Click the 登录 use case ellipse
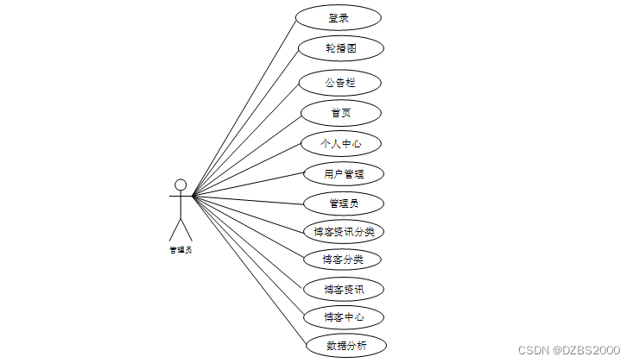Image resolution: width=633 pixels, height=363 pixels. pyautogui.click(x=338, y=17)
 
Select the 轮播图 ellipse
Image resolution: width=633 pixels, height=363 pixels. pyautogui.click(x=340, y=48)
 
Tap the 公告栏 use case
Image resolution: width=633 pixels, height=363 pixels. pyautogui.click(x=339, y=83)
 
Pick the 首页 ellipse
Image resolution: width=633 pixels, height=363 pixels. pyautogui.click(x=340, y=113)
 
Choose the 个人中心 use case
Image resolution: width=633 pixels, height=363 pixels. pyautogui.click(x=340, y=143)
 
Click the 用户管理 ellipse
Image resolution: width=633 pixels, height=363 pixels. pyautogui.click(x=343, y=173)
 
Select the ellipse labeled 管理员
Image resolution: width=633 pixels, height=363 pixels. pyautogui.click(x=343, y=203)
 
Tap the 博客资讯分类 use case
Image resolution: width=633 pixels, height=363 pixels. pyautogui.click(x=343, y=231)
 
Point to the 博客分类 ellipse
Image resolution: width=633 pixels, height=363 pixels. pyautogui.click(x=343, y=259)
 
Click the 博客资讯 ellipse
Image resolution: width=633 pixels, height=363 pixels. pyautogui.click(x=343, y=289)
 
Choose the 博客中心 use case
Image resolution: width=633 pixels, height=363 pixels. pyautogui.click(x=343, y=316)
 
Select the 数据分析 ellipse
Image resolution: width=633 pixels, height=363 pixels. pyautogui.click(x=345, y=346)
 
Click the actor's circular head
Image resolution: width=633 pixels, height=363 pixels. pyautogui.click(x=180, y=184)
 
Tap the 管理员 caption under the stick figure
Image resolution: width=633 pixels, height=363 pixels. pyautogui.click(x=180, y=250)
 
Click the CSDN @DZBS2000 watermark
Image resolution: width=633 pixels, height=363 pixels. pyautogui.click(x=569, y=350)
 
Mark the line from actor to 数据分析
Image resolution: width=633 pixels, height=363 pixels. pyautogui.click(x=250, y=272)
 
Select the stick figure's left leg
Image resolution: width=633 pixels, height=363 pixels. pyautogui.click(x=174, y=228)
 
